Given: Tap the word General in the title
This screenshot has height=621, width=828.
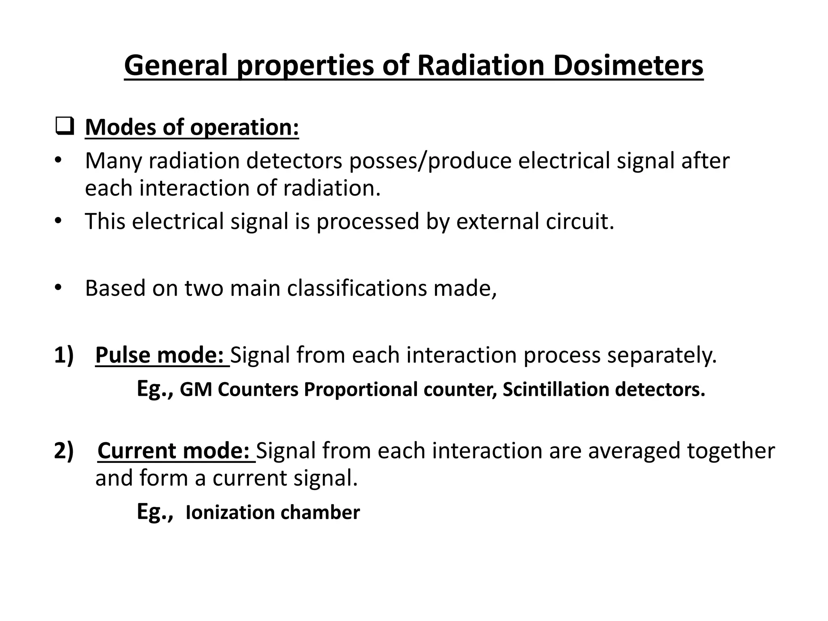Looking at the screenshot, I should [x=176, y=65].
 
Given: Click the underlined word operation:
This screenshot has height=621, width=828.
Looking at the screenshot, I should [x=244, y=128].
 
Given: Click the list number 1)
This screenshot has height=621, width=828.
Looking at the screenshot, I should [x=64, y=355].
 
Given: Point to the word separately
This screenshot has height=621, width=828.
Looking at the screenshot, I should [x=661, y=355].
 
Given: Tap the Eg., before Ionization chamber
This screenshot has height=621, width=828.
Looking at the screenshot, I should [x=155, y=512].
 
